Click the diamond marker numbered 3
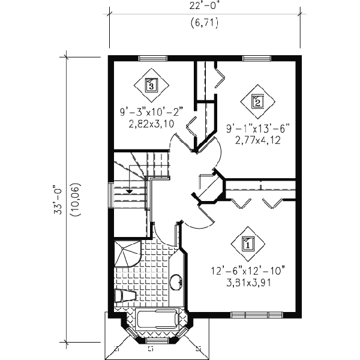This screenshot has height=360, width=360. [x=151, y=84]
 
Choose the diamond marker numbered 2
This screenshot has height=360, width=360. [x=257, y=100]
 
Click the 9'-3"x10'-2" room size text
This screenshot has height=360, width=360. [x=151, y=112]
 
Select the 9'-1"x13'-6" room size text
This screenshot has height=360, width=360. [x=258, y=128]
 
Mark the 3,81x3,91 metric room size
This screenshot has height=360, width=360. [x=247, y=283]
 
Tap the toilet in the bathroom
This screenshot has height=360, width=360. [x=124, y=296]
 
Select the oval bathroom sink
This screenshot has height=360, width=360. [x=176, y=281]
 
